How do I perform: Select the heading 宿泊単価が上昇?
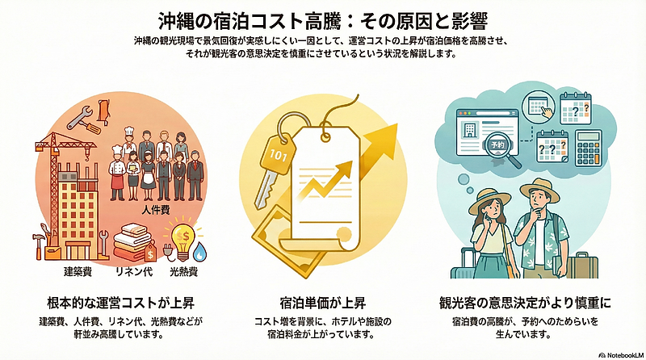tap(324, 304)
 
